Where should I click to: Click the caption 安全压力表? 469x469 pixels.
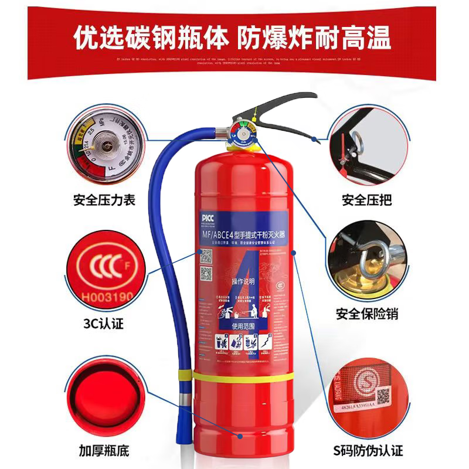(x=104, y=200)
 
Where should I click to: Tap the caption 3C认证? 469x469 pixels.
(x=104, y=323)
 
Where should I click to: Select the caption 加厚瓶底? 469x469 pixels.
(x=104, y=451)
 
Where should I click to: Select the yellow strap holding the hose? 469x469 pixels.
(x=235, y=375)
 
